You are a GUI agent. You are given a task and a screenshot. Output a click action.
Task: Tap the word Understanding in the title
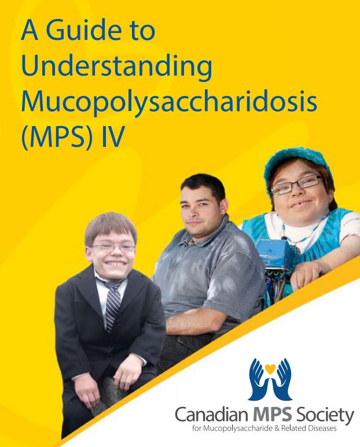116,68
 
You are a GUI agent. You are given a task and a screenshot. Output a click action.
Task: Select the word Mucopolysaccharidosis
169,102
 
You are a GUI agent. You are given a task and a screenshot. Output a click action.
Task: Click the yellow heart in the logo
269,367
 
